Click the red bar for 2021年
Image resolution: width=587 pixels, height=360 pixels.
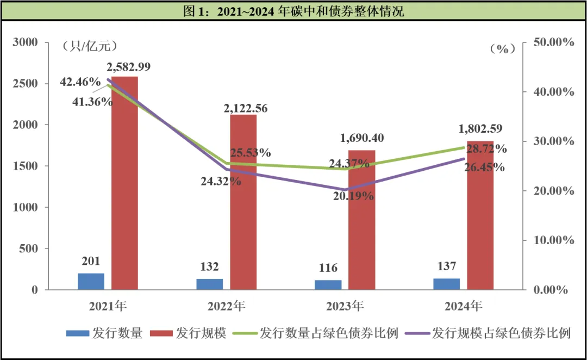(x=124, y=183)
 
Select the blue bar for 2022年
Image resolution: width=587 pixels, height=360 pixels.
(x=209, y=284)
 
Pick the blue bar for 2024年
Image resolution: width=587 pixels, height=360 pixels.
(x=447, y=284)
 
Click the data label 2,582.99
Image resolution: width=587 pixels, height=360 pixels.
(x=129, y=67)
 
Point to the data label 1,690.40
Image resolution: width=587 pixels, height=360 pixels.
(x=361, y=139)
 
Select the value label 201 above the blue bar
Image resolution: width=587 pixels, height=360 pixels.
(x=91, y=262)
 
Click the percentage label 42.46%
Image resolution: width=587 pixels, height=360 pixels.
(x=80, y=82)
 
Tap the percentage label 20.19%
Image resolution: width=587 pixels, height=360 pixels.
(x=354, y=196)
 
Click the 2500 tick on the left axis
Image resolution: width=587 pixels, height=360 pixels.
(x=26, y=83)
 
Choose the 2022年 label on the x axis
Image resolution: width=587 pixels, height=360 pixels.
(x=225, y=306)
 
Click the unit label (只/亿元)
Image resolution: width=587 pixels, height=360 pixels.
(x=90, y=46)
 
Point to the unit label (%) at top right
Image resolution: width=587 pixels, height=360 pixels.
(x=502, y=48)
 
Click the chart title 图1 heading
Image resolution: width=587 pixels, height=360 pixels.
(x=293, y=11)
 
